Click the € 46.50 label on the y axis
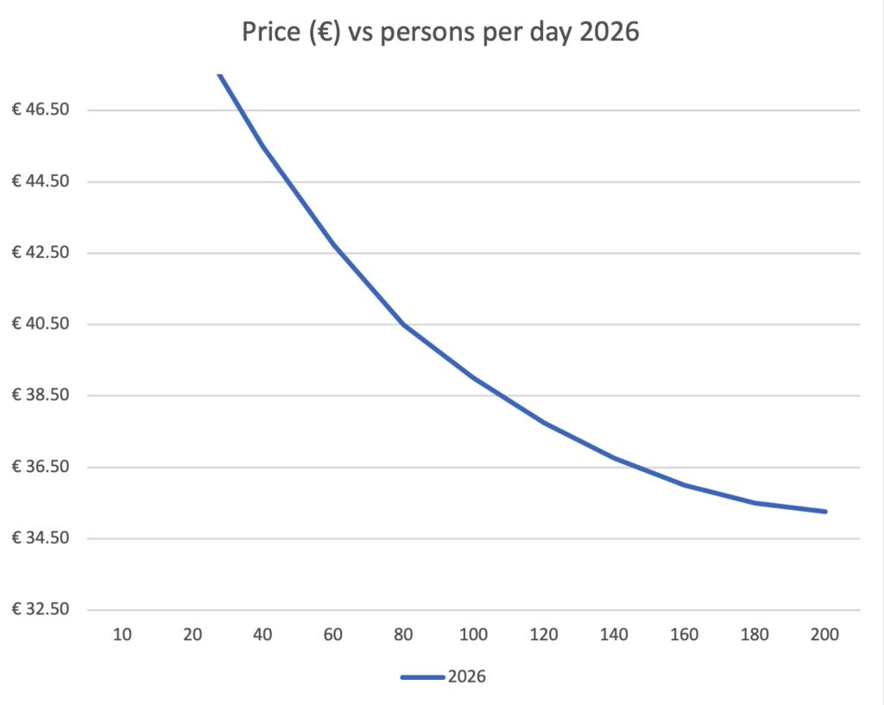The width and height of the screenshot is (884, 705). [x=43, y=110]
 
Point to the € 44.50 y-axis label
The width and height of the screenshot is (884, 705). [x=43, y=182]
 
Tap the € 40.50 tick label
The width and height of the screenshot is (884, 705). [x=43, y=324]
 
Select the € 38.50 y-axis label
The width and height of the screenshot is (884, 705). [x=43, y=396]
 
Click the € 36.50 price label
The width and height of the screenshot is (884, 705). [x=43, y=468]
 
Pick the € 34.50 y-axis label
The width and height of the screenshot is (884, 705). [x=43, y=538]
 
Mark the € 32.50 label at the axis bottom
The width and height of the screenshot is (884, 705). [x=43, y=610]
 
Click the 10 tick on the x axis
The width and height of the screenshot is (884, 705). [x=123, y=635]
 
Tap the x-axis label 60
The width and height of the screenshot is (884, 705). [x=333, y=635]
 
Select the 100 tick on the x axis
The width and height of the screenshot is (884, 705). [x=474, y=635]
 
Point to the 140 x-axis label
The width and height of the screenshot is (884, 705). [x=615, y=635]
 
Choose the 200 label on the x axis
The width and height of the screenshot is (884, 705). [x=825, y=635]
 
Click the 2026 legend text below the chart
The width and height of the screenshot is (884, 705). [x=467, y=677]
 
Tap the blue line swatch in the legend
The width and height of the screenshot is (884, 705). [x=422, y=677]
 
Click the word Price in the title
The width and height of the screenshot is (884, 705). [x=268, y=35]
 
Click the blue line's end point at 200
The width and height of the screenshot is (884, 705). [x=825, y=512]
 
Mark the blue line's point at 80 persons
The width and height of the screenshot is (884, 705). [x=403, y=324]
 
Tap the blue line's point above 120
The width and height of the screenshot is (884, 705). [x=545, y=423]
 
